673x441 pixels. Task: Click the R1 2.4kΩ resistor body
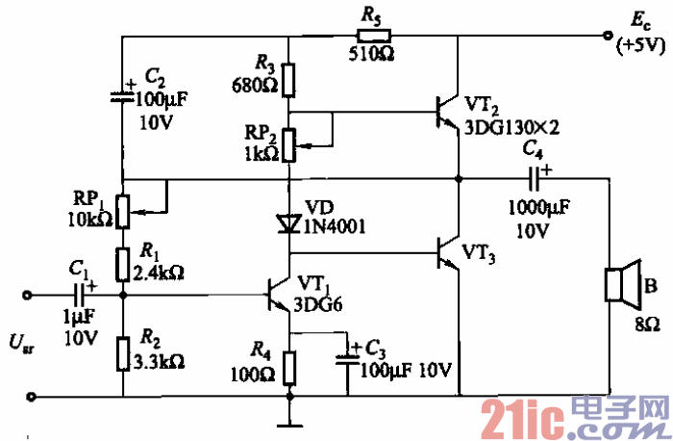point(123,260)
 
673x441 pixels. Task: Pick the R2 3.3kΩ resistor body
point(123,350)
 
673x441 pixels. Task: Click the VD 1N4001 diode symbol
point(290,223)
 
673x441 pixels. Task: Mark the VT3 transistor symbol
point(448,253)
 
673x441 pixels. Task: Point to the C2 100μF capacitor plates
point(123,95)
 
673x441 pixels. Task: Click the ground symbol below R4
point(290,421)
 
